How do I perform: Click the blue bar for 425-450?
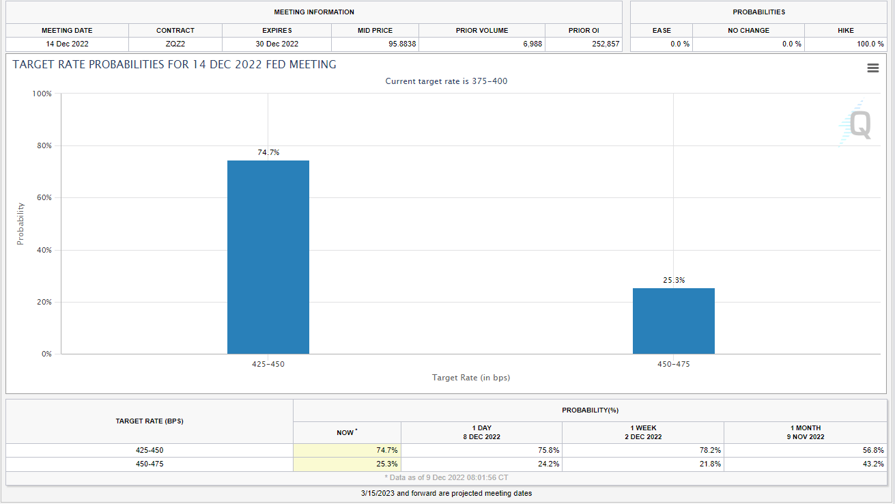pyautogui.click(x=268, y=257)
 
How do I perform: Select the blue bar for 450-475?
pyautogui.click(x=674, y=321)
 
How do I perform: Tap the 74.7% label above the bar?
pyautogui.click(x=268, y=152)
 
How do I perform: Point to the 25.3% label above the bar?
pyautogui.click(x=674, y=280)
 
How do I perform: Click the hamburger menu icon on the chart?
pyautogui.click(x=873, y=68)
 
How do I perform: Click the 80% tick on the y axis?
pyautogui.click(x=44, y=145)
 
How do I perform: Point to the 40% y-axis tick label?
pyautogui.click(x=44, y=250)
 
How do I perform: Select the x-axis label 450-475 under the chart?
pyautogui.click(x=674, y=364)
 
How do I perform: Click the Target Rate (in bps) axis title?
pyautogui.click(x=471, y=378)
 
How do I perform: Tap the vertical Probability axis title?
pyautogui.click(x=20, y=224)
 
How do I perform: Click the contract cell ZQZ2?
pyautogui.click(x=175, y=44)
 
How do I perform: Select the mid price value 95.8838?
pyautogui.click(x=402, y=44)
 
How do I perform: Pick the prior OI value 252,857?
pyautogui.click(x=606, y=44)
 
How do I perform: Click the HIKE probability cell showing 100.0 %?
pyautogui.click(x=870, y=44)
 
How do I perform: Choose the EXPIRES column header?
pyautogui.click(x=277, y=30)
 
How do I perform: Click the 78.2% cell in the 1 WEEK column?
pyautogui.click(x=710, y=451)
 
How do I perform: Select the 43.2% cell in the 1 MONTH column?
pyautogui.click(x=873, y=464)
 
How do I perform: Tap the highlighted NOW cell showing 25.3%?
pyautogui.click(x=347, y=464)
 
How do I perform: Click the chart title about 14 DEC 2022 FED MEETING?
pyautogui.click(x=174, y=65)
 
